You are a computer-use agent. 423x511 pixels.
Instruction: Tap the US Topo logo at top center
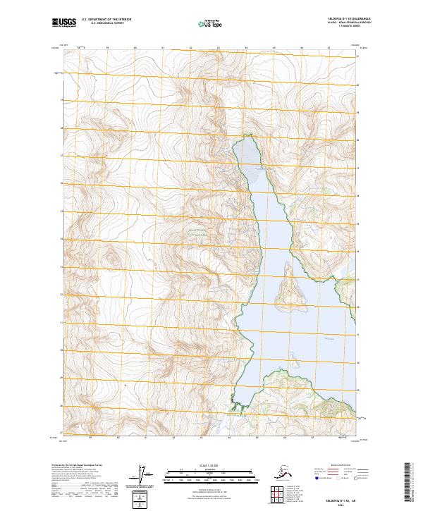point(211,24)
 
